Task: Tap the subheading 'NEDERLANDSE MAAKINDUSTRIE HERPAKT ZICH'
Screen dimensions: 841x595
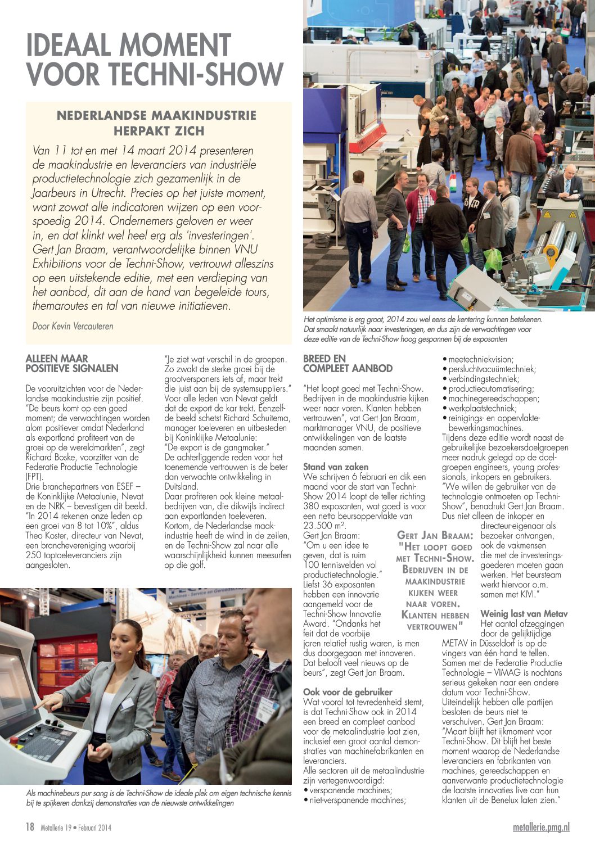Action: pos(157,123)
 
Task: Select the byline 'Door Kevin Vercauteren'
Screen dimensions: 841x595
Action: pos(73,326)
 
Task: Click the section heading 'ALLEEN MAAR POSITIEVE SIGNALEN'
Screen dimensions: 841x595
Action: pos(72,364)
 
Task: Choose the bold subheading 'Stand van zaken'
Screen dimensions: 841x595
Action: pos(336,467)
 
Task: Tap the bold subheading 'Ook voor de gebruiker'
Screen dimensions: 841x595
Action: pos(348,692)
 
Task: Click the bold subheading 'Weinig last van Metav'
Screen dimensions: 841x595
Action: pos(524,613)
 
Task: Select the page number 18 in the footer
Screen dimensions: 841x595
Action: pos(30,827)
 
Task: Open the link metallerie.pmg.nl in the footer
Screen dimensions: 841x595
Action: pos(541,827)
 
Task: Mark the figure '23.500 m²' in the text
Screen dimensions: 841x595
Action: pos(325,525)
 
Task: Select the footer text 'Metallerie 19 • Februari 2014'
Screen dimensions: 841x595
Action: pos(76,828)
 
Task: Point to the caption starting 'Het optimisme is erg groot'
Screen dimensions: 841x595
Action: pos(423,329)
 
